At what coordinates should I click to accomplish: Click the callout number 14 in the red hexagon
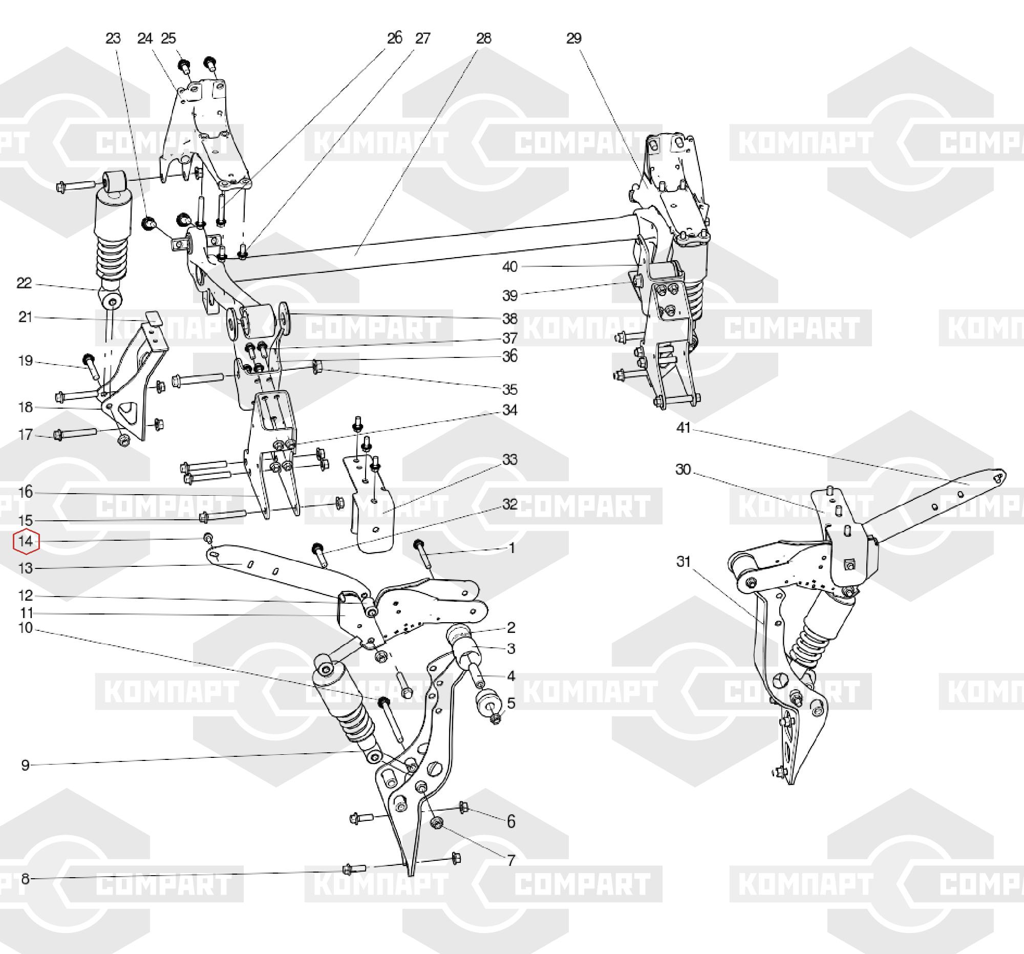pyautogui.click(x=26, y=541)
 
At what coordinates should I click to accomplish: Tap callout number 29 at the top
pyautogui.click(x=574, y=38)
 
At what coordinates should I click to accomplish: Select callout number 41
pyautogui.click(x=684, y=428)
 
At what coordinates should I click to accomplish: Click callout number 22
pyautogui.click(x=24, y=283)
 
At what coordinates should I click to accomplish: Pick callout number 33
pyautogui.click(x=509, y=459)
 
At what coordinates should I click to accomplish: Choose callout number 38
pyautogui.click(x=509, y=319)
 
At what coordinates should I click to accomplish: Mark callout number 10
pyautogui.click(x=25, y=628)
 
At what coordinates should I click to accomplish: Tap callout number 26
pyautogui.click(x=394, y=38)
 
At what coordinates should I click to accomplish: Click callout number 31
pyautogui.click(x=684, y=561)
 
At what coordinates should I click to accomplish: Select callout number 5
pyautogui.click(x=511, y=703)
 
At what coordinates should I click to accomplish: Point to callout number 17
pyautogui.click(x=25, y=435)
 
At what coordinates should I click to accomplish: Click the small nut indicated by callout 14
pyautogui.click(x=208, y=539)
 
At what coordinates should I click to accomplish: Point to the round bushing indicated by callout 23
pyautogui.click(x=149, y=224)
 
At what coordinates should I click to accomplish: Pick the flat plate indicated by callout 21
pyautogui.click(x=152, y=319)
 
